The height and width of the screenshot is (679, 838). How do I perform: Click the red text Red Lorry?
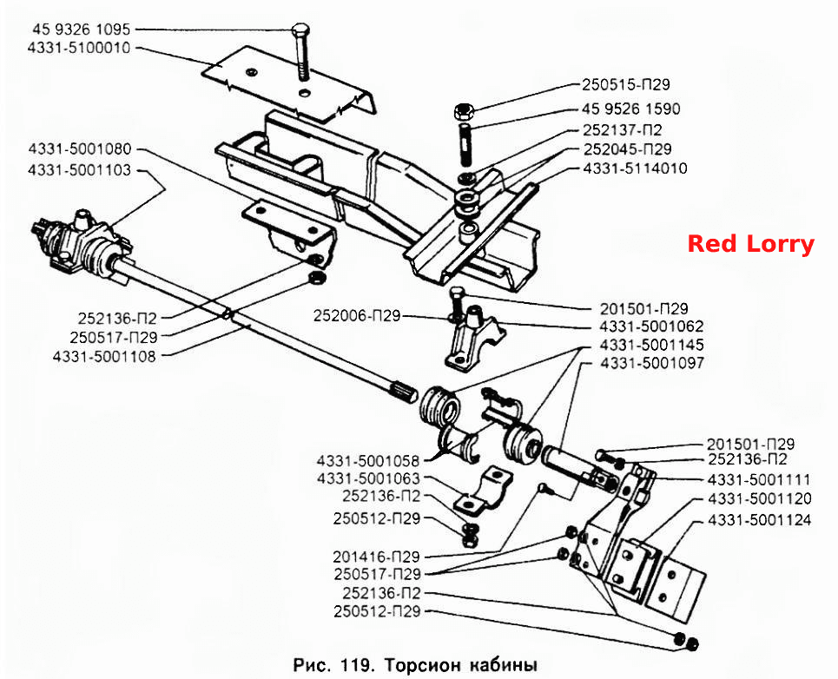(750, 244)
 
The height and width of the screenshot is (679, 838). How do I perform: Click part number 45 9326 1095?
(82, 29)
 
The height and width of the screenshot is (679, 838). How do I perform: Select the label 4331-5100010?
(79, 48)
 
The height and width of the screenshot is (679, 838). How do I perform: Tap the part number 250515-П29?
(626, 84)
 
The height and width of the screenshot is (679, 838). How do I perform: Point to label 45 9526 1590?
(631, 109)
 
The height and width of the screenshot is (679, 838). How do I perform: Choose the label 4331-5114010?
(636, 168)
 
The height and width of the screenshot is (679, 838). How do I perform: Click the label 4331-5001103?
(79, 170)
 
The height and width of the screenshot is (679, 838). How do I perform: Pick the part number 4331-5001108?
(104, 356)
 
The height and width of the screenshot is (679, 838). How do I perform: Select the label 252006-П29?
(357, 316)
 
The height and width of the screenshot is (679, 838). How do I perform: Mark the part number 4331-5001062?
(651, 326)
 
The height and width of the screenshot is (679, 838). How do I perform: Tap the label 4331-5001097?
(652, 363)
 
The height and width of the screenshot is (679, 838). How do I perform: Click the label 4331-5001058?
(368, 460)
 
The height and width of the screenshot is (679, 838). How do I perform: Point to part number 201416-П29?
(376, 557)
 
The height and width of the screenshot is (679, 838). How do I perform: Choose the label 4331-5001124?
(760, 520)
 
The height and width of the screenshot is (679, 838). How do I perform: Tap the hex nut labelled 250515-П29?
(464, 112)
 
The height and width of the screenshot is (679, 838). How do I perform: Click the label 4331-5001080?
(80, 149)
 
